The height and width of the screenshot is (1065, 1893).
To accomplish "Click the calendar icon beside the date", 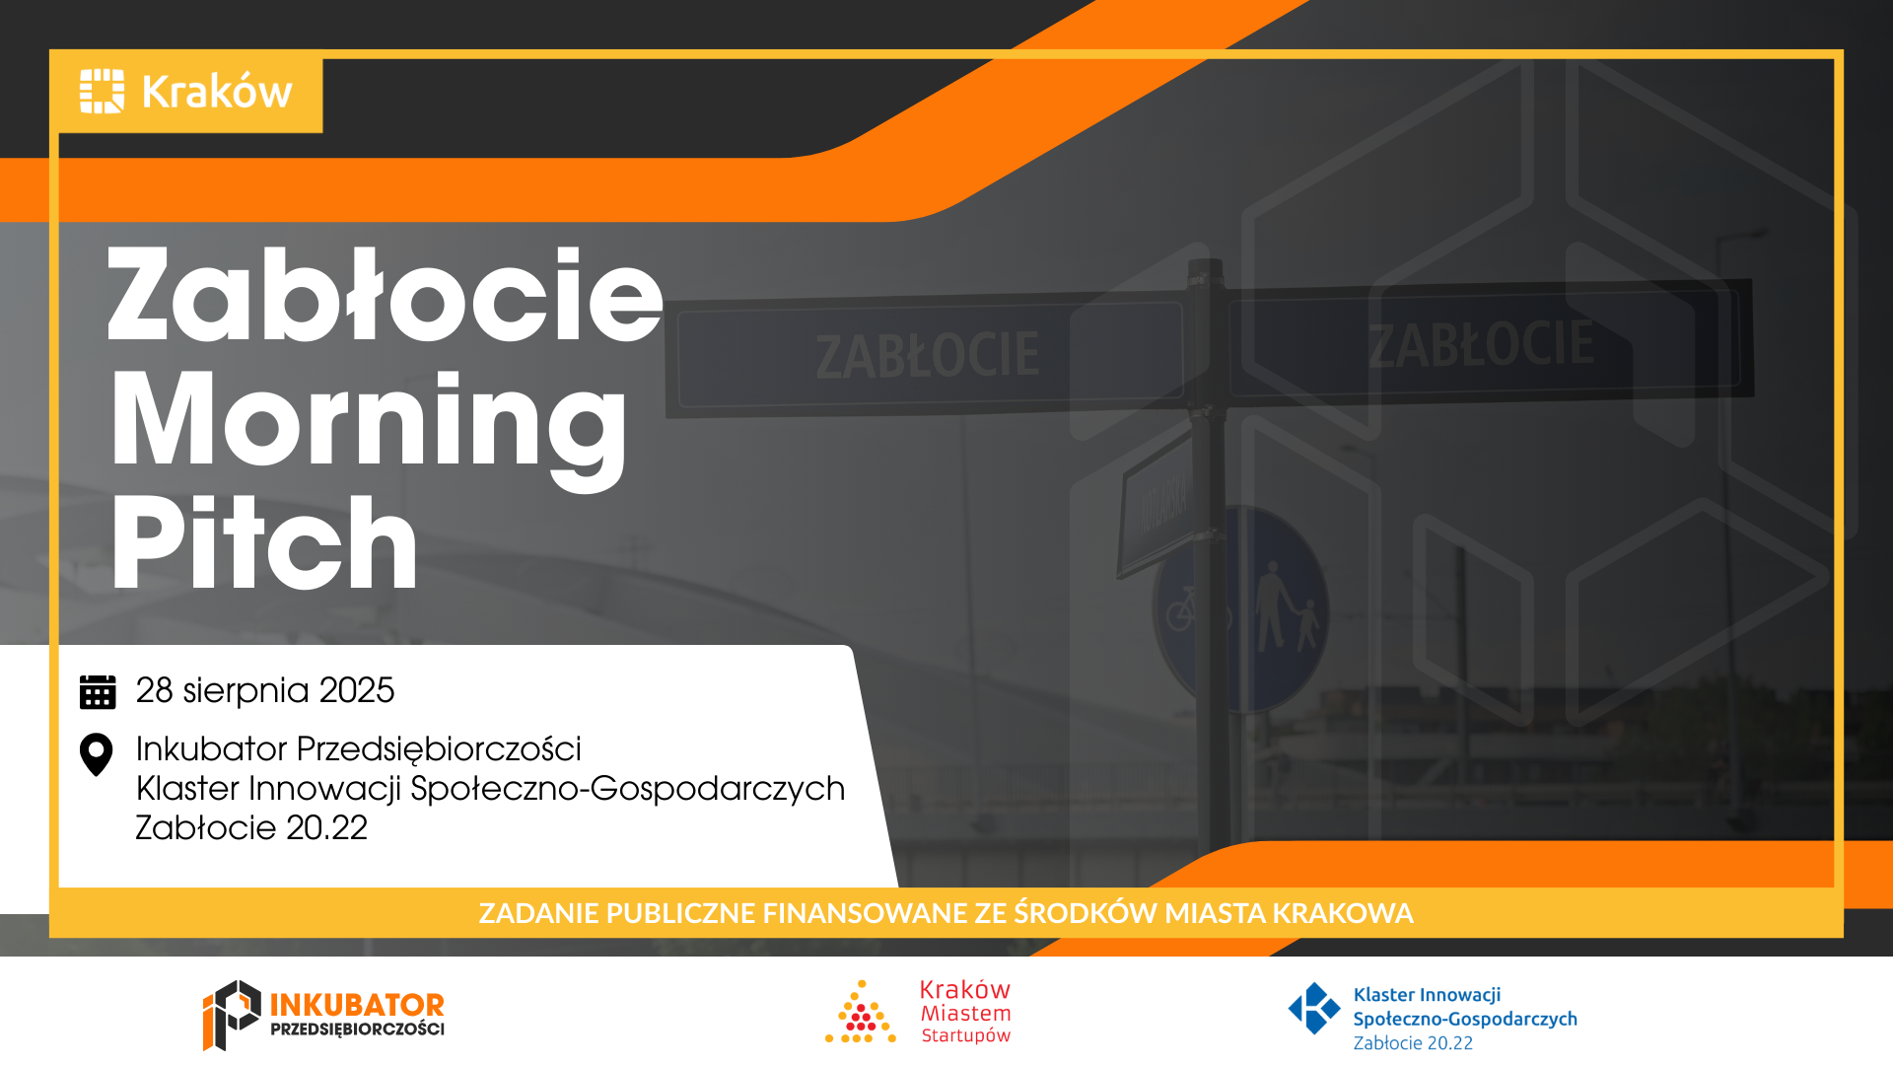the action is coord(98,691).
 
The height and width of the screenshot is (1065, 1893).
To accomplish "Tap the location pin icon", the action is coord(96,755).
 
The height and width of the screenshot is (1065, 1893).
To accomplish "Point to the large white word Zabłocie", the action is coord(386,295).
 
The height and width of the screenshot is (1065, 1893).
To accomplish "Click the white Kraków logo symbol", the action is coord(103,91).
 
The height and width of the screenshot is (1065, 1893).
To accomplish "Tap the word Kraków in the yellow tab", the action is coord(218,92).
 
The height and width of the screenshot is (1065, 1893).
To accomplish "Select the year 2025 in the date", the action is coord(357,690).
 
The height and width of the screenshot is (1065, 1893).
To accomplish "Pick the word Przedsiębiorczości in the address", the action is coord(439,749).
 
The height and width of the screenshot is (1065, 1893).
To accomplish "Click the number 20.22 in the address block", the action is coord(327,828).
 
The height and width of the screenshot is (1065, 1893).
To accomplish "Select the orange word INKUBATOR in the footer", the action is coord(357,1005).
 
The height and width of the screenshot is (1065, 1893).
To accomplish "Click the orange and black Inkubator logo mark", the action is coord(232,1015).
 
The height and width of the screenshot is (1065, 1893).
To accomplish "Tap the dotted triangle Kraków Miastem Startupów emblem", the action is coord(861,1012).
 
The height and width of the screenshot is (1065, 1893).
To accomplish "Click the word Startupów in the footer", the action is coord(966,1036).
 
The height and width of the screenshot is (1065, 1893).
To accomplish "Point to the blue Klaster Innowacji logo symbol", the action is coord(1314,1008).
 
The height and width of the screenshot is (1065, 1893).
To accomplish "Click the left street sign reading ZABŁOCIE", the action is coord(927,356).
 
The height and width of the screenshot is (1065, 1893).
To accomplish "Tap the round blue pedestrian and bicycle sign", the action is coord(1240,608).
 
